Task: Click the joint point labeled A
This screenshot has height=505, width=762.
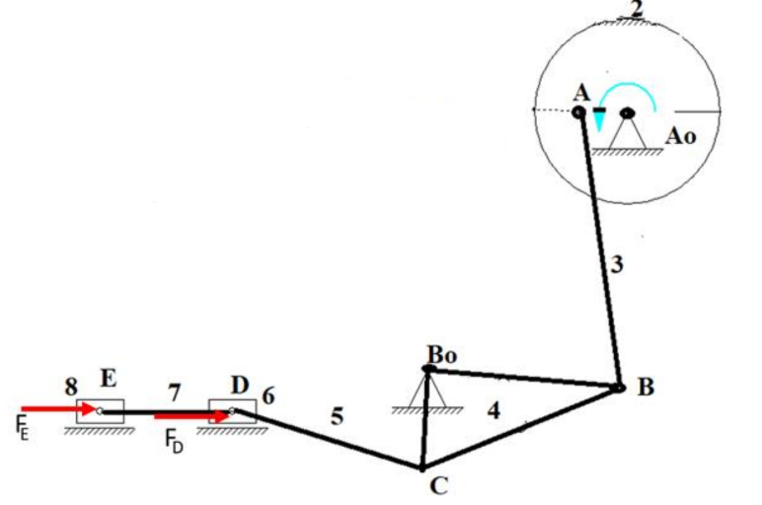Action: (x=580, y=111)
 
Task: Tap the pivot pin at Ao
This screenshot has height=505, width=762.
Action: (x=628, y=111)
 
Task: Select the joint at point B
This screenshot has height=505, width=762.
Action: (x=619, y=388)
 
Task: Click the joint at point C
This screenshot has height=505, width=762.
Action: (x=421, y=467)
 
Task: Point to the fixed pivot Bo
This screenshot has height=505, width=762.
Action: (x=427, y=369)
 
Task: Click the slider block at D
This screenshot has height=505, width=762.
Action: (x=233, y=410)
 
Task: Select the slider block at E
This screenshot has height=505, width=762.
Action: (x=101, y=410)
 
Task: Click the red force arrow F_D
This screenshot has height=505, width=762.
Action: (x=192, y=416)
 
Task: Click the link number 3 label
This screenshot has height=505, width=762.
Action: (x=616, y=263)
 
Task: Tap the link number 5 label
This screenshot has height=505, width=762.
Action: (x=338, y=417)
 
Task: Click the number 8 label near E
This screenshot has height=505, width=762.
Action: (x=71, y=388)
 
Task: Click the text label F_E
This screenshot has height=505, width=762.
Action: (x=23, y=429)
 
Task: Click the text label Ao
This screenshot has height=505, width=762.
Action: (x=681, y=136)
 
